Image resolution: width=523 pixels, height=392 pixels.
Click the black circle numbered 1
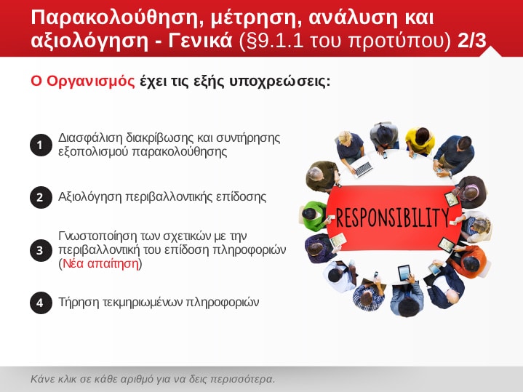tap(41, 145)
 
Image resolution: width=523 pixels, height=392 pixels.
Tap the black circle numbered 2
tap(41, 197)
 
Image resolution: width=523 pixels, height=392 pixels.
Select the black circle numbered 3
tap(41, 250)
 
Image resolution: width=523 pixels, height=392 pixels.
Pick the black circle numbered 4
tap(41, 303)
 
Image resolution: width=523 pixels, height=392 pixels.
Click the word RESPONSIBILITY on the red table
tap(393, 217)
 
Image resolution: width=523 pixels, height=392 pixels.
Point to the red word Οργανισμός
tap(91, 81)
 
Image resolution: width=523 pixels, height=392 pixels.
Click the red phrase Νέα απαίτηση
tap(100, 263)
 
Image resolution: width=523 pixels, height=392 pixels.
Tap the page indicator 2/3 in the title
tap(472, 41)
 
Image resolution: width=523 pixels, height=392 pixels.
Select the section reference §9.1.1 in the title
tap(271, 41)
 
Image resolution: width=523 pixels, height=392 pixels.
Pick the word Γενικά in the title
tap(200, 41)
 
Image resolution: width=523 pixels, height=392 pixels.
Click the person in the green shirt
tap(314, 216)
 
